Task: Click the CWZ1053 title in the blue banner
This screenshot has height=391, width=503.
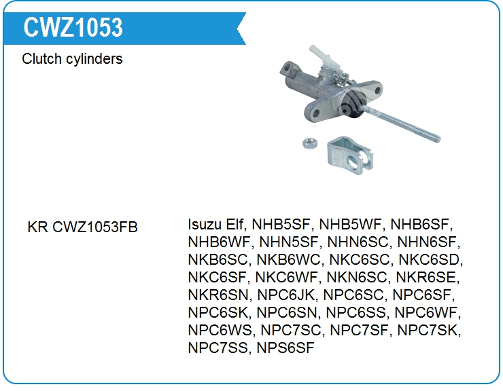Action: tap(73, 27)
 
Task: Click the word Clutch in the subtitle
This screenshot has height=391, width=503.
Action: tap(41, 58)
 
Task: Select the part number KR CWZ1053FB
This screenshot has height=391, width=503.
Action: tap(82, 227)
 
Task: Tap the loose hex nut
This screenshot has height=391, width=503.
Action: tap(310, 143)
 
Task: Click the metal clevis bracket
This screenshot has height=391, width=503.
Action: tap(349, 155)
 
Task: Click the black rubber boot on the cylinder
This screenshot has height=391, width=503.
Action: tap(352, 104)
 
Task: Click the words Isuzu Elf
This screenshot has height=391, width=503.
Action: tap(216, 224)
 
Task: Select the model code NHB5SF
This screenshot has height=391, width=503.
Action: tap(281, 224)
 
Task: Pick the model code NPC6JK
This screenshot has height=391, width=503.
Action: tap(285, 295)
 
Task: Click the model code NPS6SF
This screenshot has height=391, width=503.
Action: tap(285, 348)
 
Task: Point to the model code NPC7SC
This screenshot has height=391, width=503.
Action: tap(290, 330)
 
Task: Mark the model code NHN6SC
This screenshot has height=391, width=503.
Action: tap(358, 242)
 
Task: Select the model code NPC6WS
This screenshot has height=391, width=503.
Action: tap(220, 330)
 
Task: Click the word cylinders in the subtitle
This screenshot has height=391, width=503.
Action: tap(94, 58)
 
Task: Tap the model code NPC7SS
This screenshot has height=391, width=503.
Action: tap(218, 348)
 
